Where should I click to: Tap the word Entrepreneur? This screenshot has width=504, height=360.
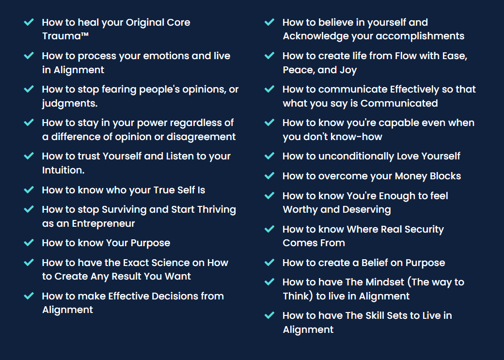click(103, 223)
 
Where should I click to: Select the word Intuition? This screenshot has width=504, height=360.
click(63, 170)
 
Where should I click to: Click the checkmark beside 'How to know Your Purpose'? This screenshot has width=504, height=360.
click(29, 242)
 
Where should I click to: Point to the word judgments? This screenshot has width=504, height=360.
click(70, 104)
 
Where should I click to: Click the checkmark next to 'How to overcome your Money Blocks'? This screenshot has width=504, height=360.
click(269, 175)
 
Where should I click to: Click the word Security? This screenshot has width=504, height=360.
click(424, 229)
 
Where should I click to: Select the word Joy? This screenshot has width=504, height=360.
click(348, 70)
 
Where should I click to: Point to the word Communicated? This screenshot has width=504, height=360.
click(399, 103)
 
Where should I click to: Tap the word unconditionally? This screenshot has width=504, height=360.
click(356, 156)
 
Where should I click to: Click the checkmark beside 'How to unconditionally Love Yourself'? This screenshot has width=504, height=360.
click(269, 156)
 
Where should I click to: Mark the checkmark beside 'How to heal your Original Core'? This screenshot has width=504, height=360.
click(29, 22)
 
